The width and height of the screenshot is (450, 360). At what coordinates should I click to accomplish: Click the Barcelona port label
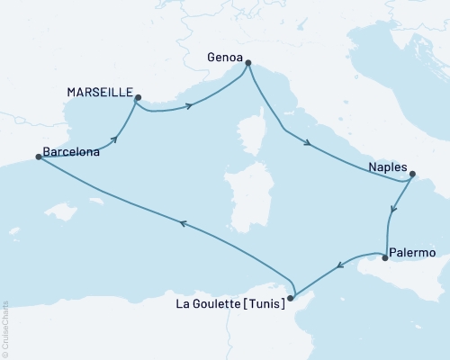pos(71,153)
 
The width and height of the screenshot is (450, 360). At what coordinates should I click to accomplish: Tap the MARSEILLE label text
pos(99,93)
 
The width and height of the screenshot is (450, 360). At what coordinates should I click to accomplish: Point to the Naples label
pos(388,167)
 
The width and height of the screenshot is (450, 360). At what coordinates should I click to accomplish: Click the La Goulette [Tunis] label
pos(230,304)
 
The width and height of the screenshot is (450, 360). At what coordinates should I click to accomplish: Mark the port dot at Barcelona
pos(38,157)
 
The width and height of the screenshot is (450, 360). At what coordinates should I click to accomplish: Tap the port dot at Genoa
pos(248,63)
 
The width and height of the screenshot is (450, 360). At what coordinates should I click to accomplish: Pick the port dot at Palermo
pos(385,259)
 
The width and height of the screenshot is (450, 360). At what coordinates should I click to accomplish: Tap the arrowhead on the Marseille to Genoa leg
pos(190,106)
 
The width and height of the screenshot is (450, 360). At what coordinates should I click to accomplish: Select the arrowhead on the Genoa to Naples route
pos(309,142)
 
